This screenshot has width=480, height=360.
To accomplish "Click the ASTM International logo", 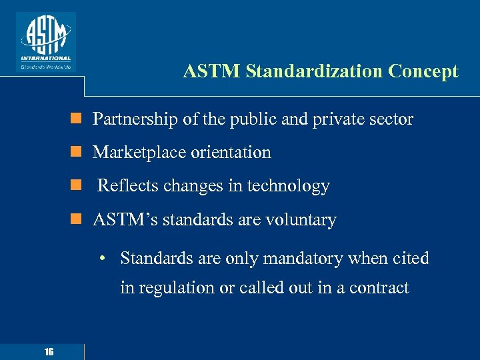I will point(45,41).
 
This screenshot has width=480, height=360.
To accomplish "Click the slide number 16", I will point(49,352).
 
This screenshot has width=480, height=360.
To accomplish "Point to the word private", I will point(339,119).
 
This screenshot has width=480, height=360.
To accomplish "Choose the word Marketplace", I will point(139,153).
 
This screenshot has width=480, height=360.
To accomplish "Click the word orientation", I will point(230,153).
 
